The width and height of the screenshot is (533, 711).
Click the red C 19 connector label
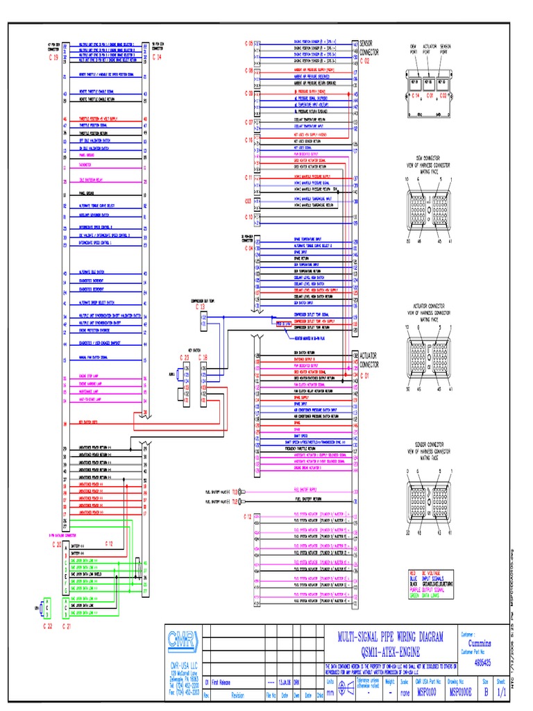tap(54, 58)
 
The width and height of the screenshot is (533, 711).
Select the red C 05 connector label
tap(248, 44)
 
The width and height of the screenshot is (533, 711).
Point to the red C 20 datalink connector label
tap(57, 545)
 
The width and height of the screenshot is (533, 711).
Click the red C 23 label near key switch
tap(184, 357)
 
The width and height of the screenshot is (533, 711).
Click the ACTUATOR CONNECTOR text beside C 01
tap(370, 360)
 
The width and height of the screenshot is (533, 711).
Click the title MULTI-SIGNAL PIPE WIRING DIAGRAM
tap(391, 637)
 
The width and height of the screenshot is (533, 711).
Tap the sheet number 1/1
tap(511, 692)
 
